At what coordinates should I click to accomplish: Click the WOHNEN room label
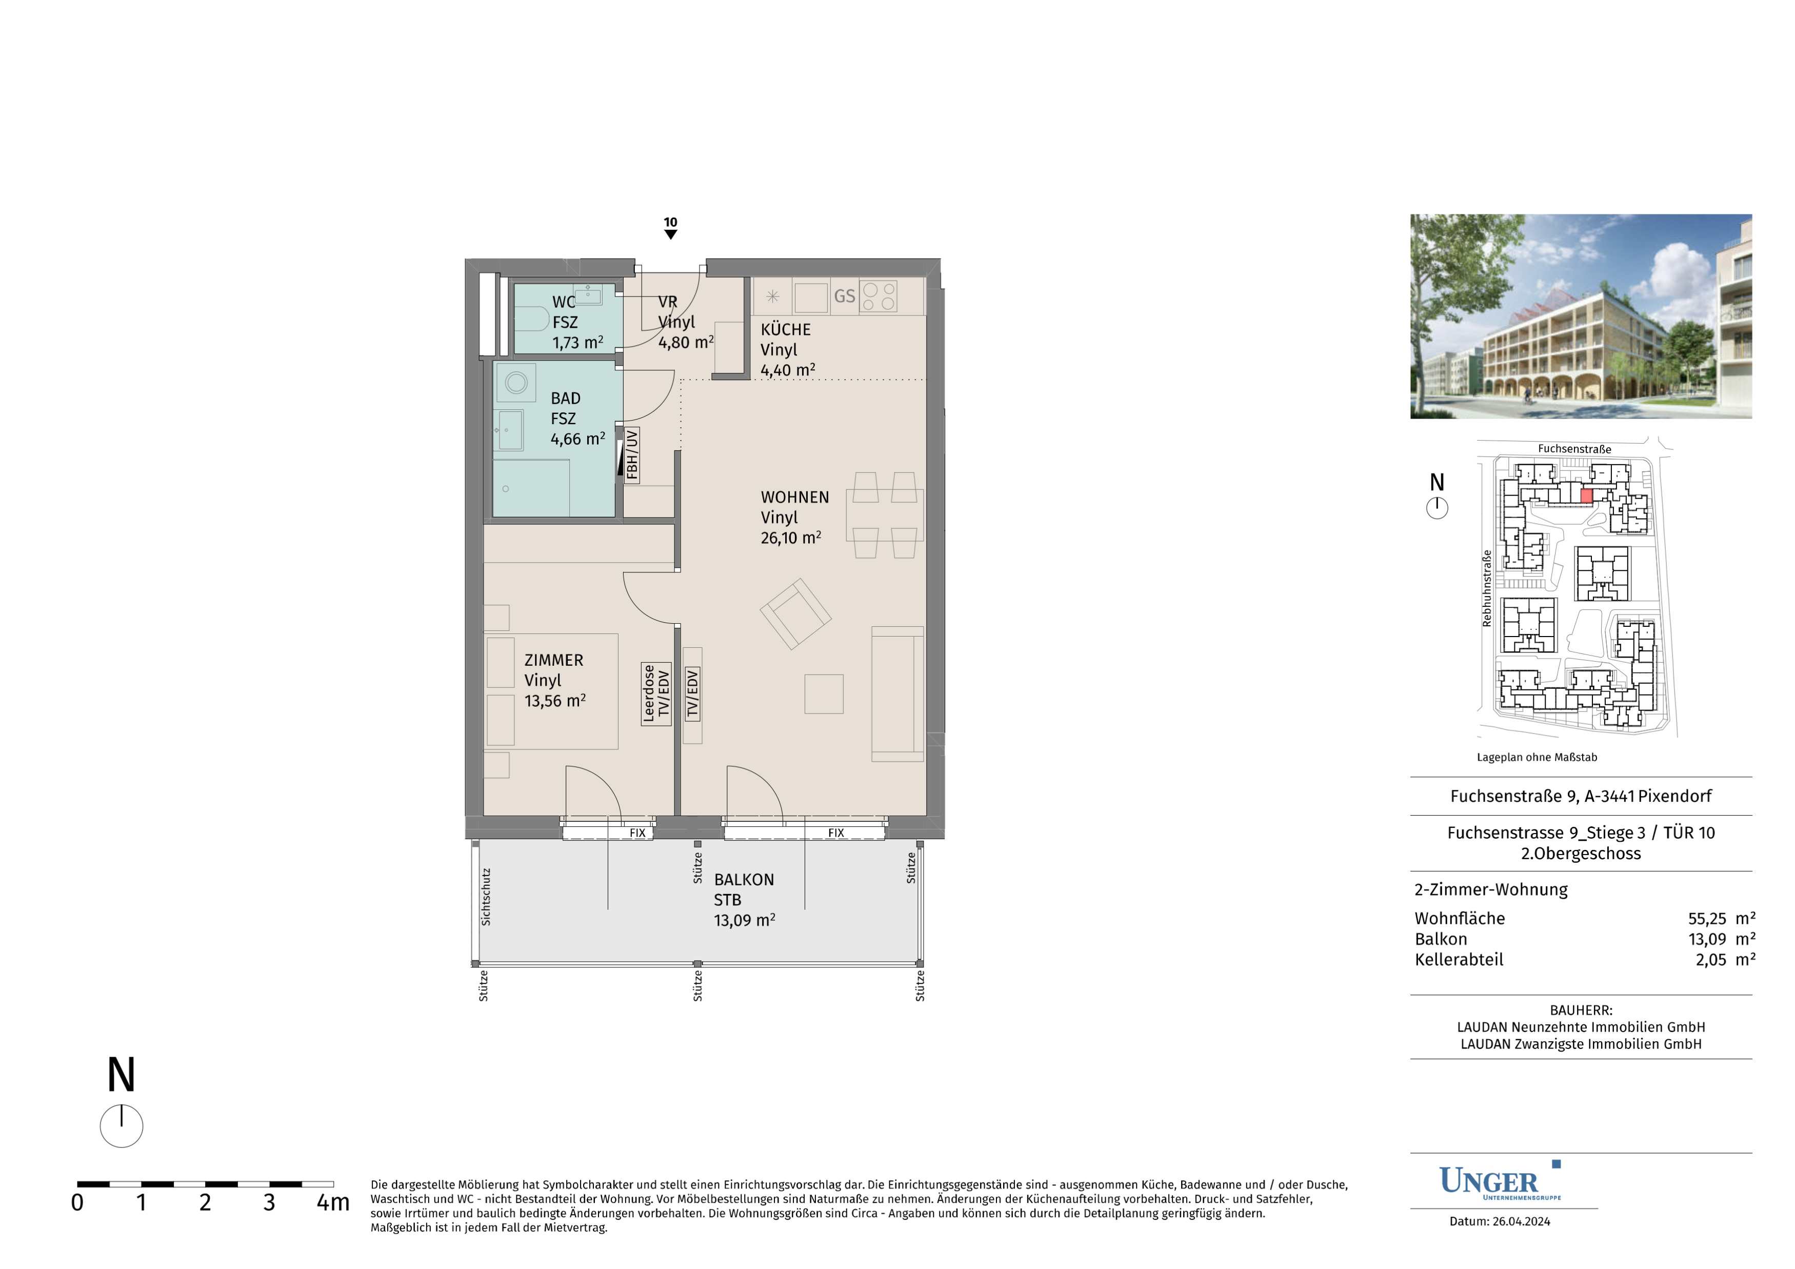794,497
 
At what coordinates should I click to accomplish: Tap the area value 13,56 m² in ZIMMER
554,701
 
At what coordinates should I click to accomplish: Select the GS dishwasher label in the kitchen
844,296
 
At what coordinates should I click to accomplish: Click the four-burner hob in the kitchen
878,296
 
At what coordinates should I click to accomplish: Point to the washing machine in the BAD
515,382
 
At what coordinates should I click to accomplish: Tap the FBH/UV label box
632,454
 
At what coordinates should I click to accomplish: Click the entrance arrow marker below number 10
670,234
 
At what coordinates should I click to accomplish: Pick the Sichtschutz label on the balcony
486,897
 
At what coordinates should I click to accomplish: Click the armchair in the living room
795,614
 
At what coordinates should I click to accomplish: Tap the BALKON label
744,880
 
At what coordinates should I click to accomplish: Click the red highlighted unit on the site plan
1586,495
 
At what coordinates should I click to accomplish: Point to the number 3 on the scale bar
269,1202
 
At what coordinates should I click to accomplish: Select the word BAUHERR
1580,1010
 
